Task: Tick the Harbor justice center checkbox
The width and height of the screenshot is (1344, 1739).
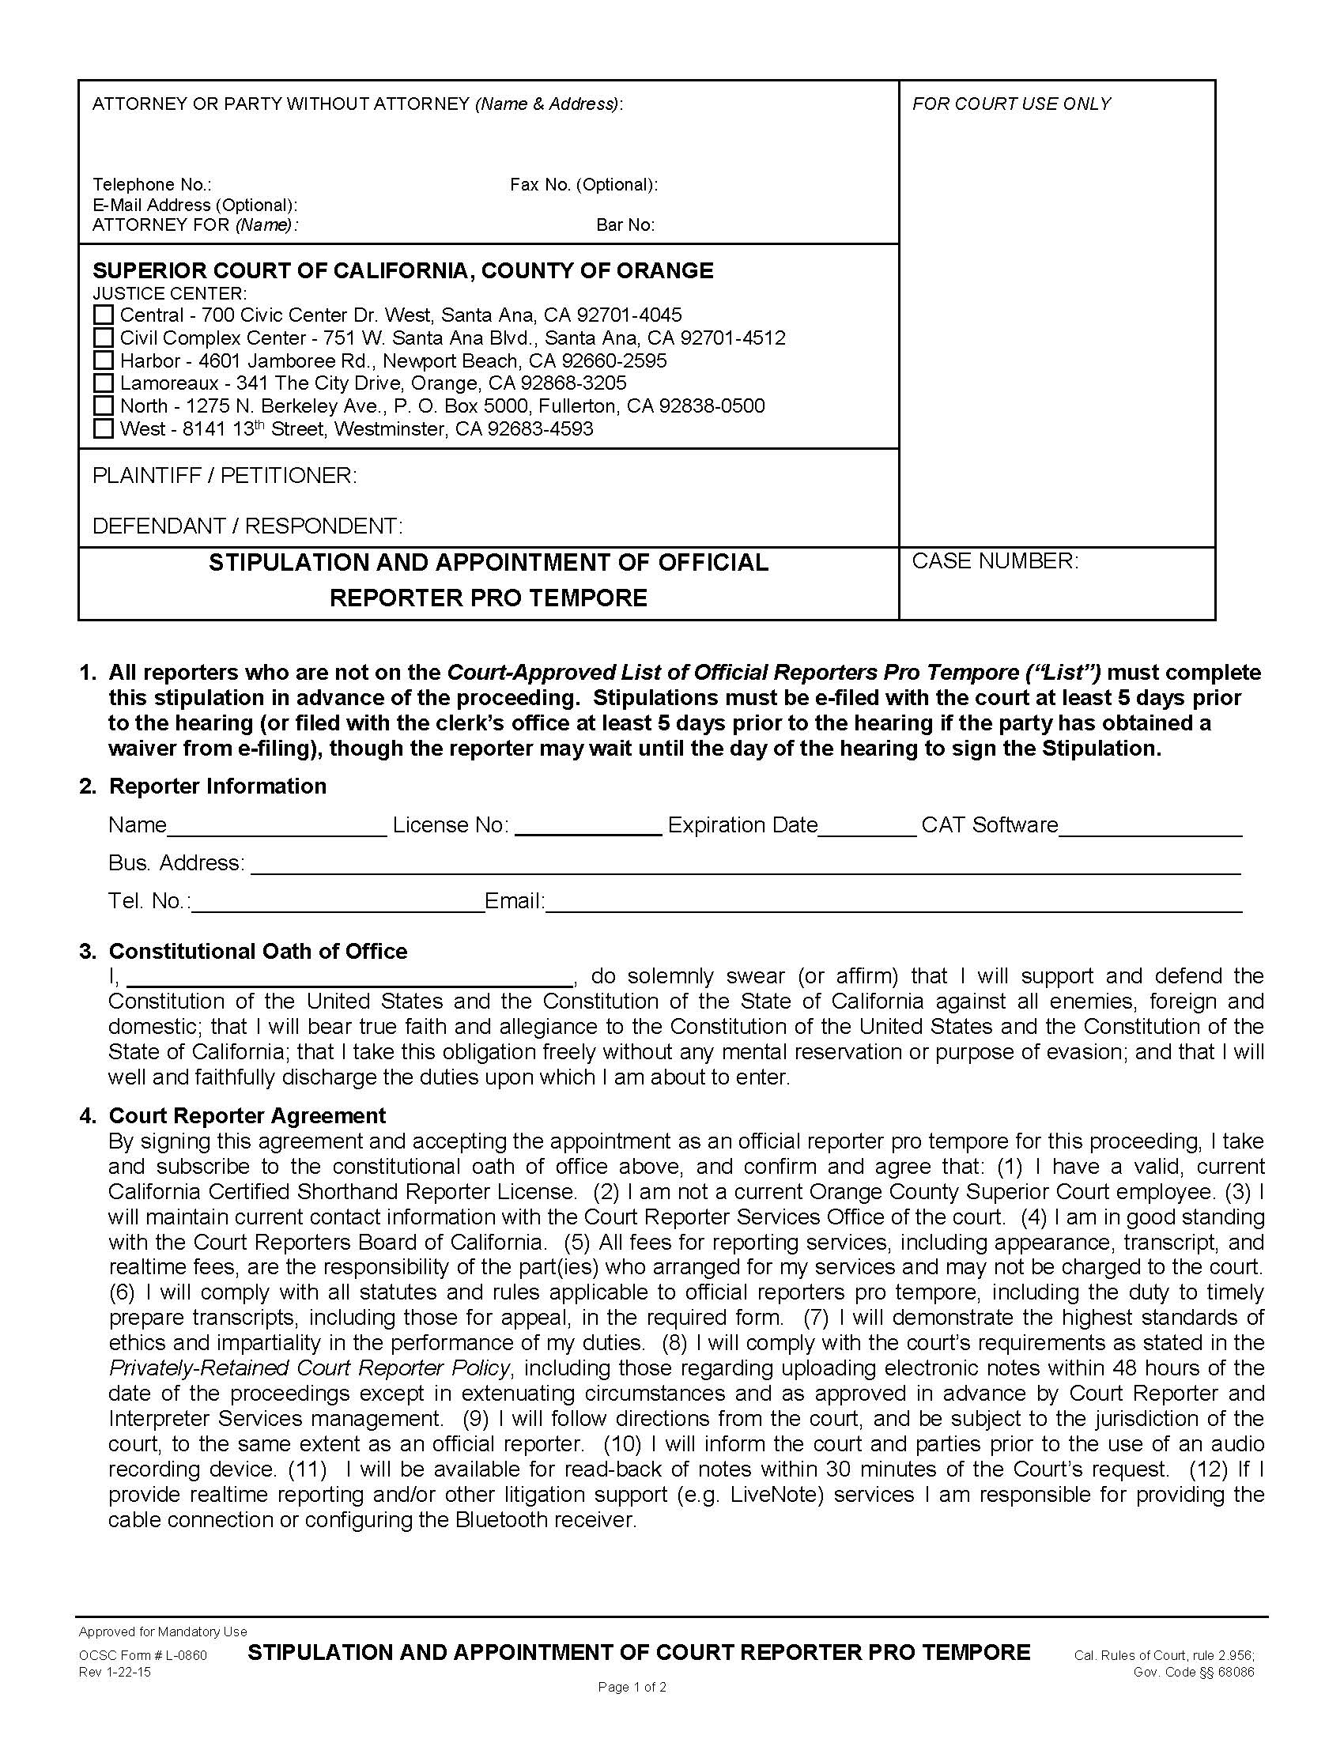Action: pos(104,360)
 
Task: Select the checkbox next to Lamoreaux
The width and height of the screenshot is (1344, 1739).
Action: pos(104,383)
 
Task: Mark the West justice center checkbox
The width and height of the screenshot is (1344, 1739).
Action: pos(104,429)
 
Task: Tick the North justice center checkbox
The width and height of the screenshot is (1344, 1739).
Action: pos(104,406)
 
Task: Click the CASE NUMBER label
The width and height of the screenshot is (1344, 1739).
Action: pos(995,561)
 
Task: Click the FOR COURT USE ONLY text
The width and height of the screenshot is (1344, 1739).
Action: pos(1011,104)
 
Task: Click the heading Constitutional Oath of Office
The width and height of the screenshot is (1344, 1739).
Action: pos(258,951)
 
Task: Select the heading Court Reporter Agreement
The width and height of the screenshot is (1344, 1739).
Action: pos(247,1115)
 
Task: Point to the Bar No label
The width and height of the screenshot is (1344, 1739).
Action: pos(625,225)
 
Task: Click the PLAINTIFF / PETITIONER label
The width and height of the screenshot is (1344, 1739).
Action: pos(225,475)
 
